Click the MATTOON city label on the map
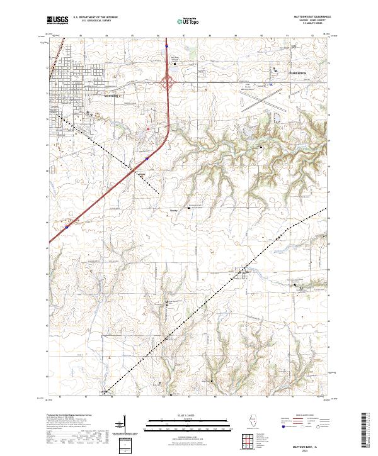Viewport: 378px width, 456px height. pyautogui.click(x=111, y=97)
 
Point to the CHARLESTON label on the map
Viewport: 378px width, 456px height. pyautogui.click(x=297, y=74)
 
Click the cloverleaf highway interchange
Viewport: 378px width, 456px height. pyautogui.click(x=169, y=81)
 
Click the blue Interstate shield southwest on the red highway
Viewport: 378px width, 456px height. pyautogui.click(x=67, y=222)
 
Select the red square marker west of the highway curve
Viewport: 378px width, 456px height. pyautogui.click(x=147, y=130)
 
